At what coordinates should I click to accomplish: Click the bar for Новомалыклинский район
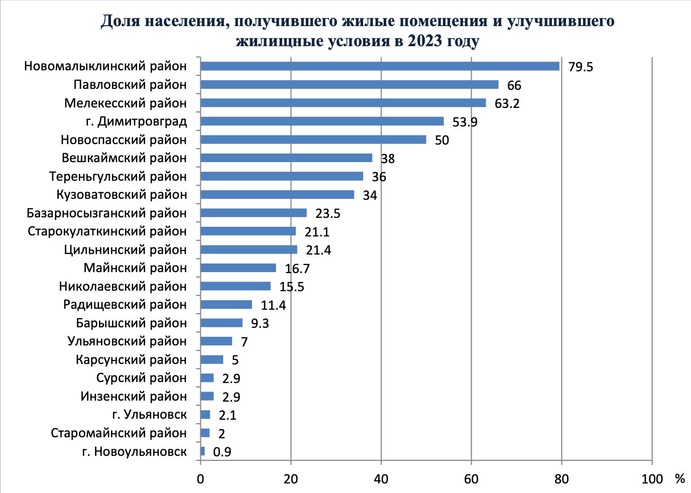click(x=380, y=66)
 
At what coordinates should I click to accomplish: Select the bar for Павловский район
click(x=349, y=84)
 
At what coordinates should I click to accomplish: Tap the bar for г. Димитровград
click(x=322, y=121)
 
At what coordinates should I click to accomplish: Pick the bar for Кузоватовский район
click(x=277, y=194)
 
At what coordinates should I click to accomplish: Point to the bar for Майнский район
click(x=238, y=268)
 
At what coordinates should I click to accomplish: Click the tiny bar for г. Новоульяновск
click(x=202, y=451)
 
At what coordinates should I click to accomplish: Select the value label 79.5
click(x=581, y=67)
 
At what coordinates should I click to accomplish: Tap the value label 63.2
click(x=507, y=103)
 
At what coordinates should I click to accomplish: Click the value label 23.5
click(x=328, y=213)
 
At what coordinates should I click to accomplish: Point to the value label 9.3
click(x=260, y=323)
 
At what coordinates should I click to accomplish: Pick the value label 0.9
click(x=222, y=452)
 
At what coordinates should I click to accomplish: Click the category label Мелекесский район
click(x=126, y=103)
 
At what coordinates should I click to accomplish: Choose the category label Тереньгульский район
click(x=118, y=176)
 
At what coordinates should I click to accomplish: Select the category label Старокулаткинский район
click(x=107, y=231)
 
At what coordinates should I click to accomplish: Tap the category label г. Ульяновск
click(x=149, y=415)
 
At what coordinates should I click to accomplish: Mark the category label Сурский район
click(x=141, y=378)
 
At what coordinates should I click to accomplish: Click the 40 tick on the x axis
click(x=381, y=478)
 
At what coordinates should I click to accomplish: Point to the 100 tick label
click(x=652, y=478)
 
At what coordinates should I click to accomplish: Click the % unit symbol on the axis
click(x=679, y=478)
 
